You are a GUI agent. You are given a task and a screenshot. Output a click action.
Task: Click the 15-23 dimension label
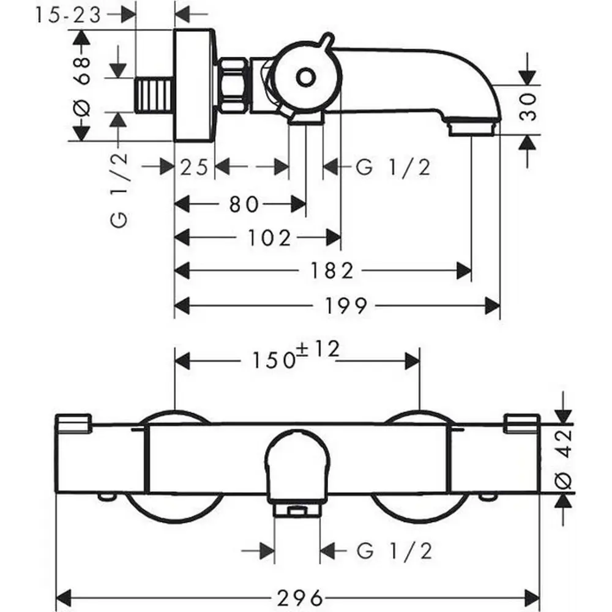[x=69, y=16]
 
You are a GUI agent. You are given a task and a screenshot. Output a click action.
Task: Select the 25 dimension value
[x=194, y=168]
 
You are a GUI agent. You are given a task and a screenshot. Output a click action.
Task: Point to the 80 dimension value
[x=244, y=204]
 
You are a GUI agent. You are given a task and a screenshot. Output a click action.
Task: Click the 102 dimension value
[x=270, y=237]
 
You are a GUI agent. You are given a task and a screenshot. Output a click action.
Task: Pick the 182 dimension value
[x=332, y=271]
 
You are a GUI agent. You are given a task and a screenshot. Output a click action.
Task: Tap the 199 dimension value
[x=346, y=305]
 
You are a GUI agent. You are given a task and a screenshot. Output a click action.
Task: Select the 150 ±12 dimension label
[x=296, y=355]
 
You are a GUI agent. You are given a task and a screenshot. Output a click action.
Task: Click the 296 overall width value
[x=300, y=598]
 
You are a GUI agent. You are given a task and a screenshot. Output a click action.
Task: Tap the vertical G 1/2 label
[x=119, y=190]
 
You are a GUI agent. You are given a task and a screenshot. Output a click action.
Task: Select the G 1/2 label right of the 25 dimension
[x=393, y=168]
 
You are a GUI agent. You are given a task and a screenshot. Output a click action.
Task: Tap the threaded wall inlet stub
[x=154, y=95]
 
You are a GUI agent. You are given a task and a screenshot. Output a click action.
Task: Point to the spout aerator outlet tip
[x=471, y=129]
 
